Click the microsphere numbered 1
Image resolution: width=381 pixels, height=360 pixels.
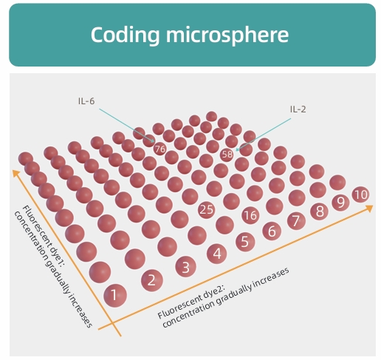click(x=115, y=295)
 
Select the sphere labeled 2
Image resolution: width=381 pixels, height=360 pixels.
click(x=152, y=280)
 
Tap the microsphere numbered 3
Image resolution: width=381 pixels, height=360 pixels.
click(x=185, y=267)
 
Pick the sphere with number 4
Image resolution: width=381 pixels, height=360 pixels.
click(x=217, y=254)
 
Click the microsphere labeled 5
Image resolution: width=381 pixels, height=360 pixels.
click(x=245, y=242)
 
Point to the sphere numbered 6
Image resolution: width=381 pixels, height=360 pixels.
click(x=272, y=231)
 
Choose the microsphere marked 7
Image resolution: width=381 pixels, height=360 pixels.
click(x=296, y=221)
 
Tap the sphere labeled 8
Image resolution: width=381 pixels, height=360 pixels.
click(x=319, y=211)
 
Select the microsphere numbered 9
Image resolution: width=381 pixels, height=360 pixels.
click(x=340, y=203)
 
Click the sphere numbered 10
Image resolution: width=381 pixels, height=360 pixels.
click(x=361, y=194)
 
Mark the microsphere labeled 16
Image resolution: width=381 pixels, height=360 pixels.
click(x=250, y=215)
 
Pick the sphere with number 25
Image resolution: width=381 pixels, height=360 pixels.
click(x=206, y=210)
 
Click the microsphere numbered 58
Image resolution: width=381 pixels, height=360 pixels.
click(x=227, y=154)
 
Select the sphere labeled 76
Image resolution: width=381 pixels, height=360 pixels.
click(x=159, y=149)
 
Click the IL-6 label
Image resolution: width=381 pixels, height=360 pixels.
click(x=86, y=101)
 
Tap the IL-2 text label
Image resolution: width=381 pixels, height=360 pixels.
click(x=298, y=109)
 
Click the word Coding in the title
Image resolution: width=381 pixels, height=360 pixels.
click(x=126, y=35)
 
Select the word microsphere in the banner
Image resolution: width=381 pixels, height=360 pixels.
click(x=227, y=35)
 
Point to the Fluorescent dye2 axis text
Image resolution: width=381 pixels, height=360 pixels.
click(x=223, y=297)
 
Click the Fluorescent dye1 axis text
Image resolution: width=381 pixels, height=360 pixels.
click(x=53, y=267)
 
